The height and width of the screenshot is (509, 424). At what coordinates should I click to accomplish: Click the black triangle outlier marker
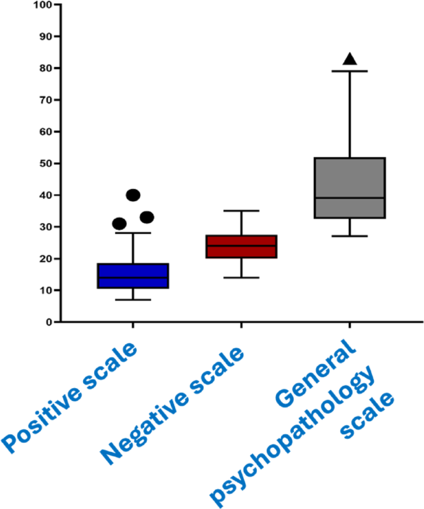coord(350,59)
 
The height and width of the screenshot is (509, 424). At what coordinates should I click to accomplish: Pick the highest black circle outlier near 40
coord(133,195)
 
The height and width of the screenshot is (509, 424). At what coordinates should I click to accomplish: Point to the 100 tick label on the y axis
coord(44,5)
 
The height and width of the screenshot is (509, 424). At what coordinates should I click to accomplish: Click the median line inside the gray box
coord(350,198)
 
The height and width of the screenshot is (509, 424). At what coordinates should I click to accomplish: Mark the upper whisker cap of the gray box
coord(350,71)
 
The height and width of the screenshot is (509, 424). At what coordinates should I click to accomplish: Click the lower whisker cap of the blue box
coord(132,300)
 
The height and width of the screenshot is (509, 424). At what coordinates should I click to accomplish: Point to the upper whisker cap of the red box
coord(241,211)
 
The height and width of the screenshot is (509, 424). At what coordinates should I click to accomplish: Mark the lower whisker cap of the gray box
coord(350,236)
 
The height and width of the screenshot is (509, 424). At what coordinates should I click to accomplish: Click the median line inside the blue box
coord(132,277)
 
